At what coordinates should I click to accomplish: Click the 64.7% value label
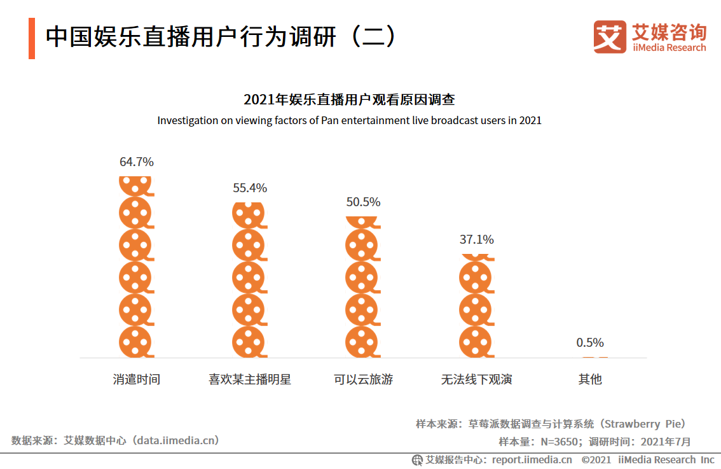(137, 162)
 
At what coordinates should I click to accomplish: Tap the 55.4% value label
(250, 188)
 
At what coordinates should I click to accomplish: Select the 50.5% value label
(363, 202)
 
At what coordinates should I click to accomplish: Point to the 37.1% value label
(476, 240)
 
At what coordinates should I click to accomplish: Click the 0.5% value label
(589, 343)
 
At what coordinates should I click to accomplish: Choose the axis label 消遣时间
(137, 380)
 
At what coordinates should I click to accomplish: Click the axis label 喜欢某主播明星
(250, 380)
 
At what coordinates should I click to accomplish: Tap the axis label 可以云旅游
(363, 380)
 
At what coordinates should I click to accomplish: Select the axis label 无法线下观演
(476, 380)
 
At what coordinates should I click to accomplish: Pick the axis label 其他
(589, 380)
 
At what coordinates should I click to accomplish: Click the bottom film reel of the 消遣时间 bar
(136, 342)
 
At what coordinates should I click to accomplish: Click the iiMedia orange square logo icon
(610, 37)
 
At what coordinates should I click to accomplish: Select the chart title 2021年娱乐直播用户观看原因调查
(349, 100)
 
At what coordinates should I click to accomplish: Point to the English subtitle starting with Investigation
(349, 120)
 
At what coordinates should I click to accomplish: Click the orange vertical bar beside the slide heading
(32, 38)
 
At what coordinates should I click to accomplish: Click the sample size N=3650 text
(558, 442)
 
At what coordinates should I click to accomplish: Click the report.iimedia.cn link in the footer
(532, 459)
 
